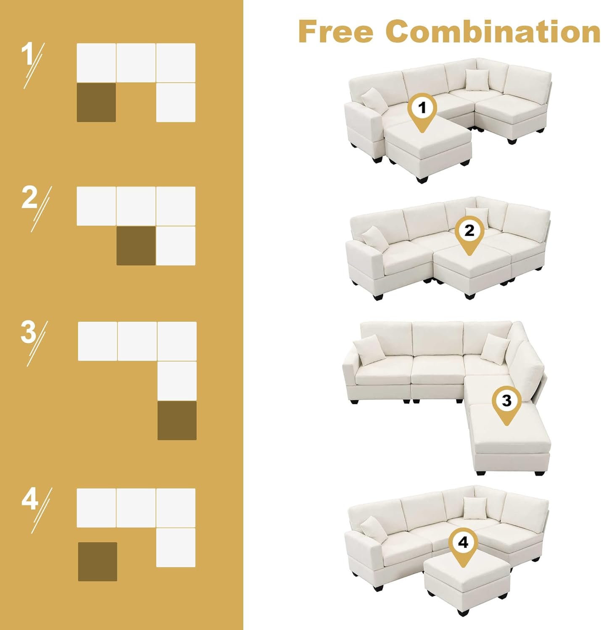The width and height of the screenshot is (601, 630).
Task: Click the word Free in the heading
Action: (336, 31)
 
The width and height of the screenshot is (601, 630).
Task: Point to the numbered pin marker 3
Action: (506, 405)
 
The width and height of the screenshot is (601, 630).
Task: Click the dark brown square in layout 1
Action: (96, 102)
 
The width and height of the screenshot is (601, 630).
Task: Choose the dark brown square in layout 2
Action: (136, 246)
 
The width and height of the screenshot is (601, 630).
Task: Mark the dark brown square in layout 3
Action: (177, 420)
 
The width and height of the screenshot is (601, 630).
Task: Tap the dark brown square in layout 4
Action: (98, 562)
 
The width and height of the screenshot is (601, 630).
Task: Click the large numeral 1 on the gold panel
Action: (28, 55)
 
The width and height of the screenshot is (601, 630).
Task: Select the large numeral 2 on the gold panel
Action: (30, 198)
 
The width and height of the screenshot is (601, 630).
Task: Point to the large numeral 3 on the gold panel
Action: (29, 332)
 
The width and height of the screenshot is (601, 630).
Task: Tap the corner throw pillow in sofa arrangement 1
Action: (477, 80)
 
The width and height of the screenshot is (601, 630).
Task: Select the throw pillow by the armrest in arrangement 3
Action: (369, 351)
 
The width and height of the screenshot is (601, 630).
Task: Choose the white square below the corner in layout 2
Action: (176, 246)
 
